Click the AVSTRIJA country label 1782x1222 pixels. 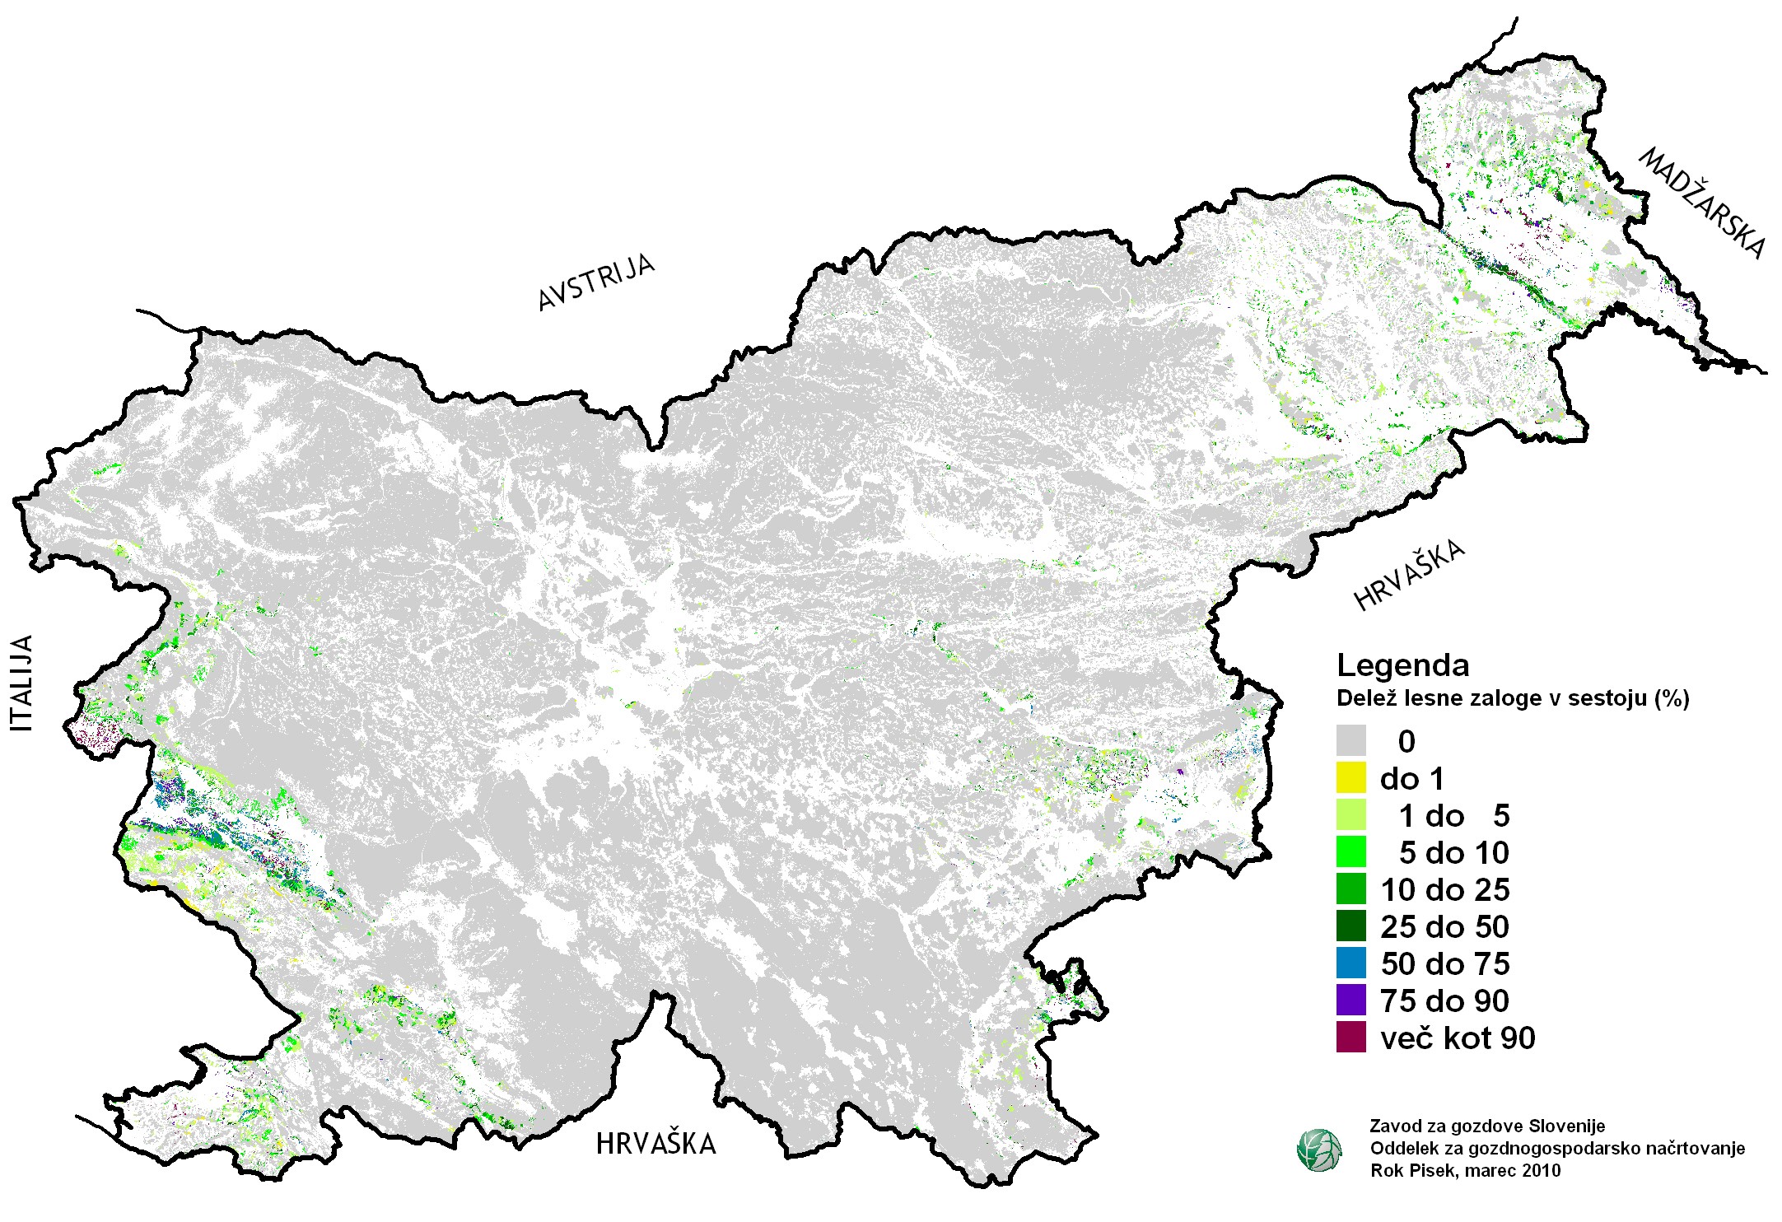pos(596,282)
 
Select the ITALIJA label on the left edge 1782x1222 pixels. pos(23,683)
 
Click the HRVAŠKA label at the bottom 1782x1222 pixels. pos(655,1144)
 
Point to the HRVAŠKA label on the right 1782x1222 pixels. pos(1410,575)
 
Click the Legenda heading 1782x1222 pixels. pos(1403,665)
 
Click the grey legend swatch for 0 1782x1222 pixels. pos(1350,740)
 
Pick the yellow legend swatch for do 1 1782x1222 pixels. pos(1350,777)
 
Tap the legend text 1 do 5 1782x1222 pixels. pos(1454,815)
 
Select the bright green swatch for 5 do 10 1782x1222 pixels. pos(1350,851)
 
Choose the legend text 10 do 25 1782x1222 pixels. pos(1445,889)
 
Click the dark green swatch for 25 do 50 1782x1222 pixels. pos(1350,926)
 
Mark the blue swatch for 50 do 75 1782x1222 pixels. pos(1350,963)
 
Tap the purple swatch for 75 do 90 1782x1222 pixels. pos(1350,1000)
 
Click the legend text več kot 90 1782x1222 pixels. pos(1458,1038)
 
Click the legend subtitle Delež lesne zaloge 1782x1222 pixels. pos(1512,698)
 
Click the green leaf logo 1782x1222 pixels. pos(1318,1150)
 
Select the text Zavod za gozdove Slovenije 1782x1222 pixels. pos(1487,1125)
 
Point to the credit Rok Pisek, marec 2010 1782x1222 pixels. pos(1465,1170)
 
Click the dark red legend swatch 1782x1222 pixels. pos(1350,1037)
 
